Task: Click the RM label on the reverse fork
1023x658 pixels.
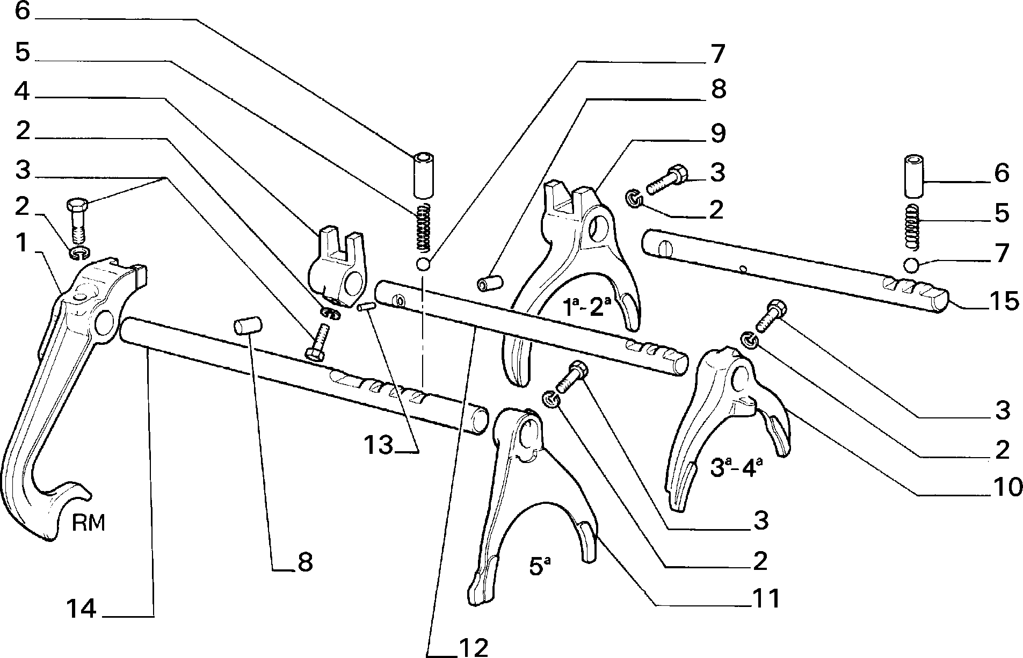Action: pos(89,522)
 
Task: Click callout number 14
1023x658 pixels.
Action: pos(81,610)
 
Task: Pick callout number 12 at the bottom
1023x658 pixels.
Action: pos(473,647)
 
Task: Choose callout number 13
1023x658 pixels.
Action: pos(379,445)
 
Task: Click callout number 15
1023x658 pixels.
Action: pos(1003,301)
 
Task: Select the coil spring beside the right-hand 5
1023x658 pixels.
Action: pos(913,227)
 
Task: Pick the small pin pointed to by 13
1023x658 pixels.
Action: pos(365,307)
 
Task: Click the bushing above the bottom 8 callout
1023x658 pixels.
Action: pos(247,326)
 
